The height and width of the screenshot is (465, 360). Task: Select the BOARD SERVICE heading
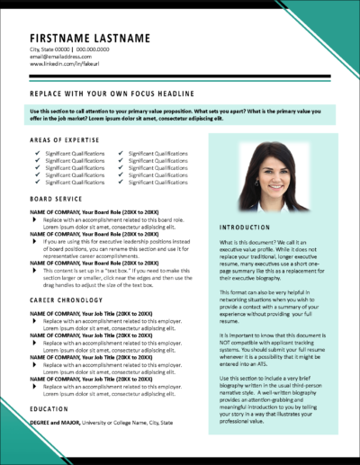pos(56,199)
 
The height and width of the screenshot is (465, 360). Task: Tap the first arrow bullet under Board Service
pos(36,218)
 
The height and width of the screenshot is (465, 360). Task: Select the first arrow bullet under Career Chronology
pos(36,319)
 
